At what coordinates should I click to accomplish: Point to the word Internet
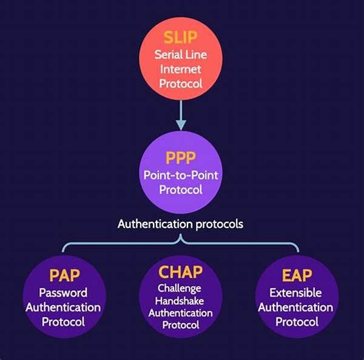click(180, 69)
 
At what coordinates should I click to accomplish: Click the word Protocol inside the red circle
click(180, 84)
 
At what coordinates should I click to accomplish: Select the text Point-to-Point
click(180, 175)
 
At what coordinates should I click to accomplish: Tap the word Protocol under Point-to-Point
click(180, 190)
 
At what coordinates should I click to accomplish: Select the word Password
click(63, 293)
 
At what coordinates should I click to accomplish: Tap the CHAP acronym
click(180, 272)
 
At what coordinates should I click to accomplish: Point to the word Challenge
click(180, 288)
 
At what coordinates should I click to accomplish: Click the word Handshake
click(180, 301)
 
